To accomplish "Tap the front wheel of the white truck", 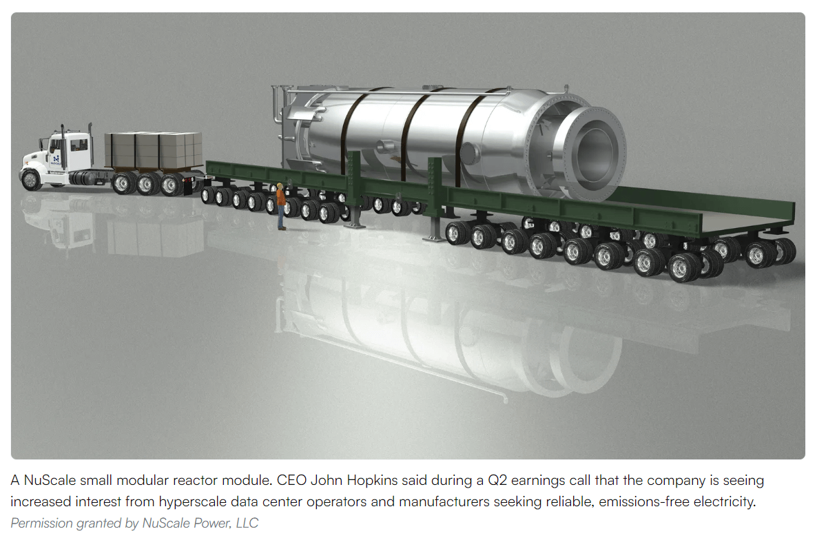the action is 31,180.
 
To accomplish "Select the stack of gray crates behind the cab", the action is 153,150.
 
